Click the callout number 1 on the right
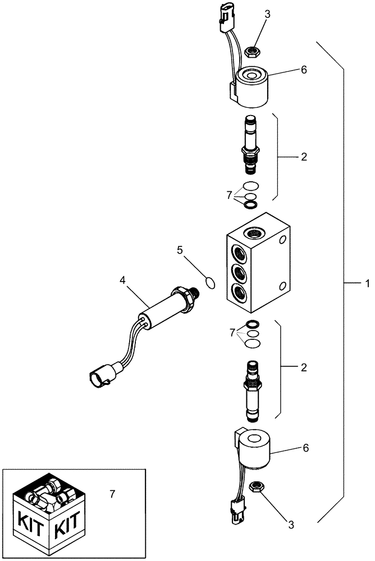pyautogui.click(x=367, y=284)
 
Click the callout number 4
pyautogui.click(x=123, y=279)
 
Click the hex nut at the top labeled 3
pyautogui.click(x=252, y=52)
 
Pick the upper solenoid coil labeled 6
pyautogui.click(x=251, y=88)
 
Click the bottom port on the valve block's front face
pyautogui.click(x=238, y=293)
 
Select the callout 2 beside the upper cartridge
pyautogui.click(x=304, y=157)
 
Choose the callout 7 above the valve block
pyautogui.click(x=228, y=195)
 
